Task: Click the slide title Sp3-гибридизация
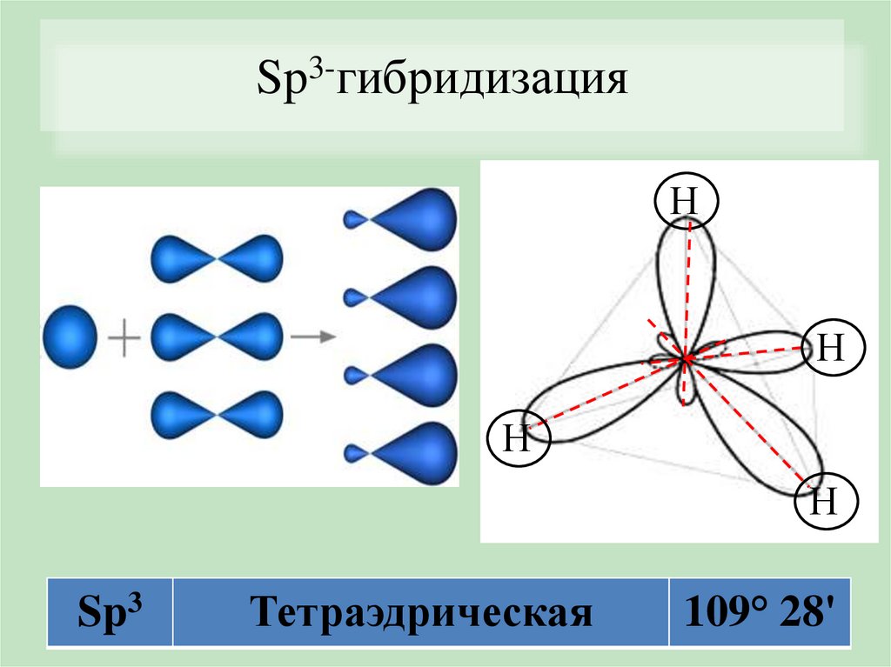[442, 84]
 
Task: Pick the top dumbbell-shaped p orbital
[217, 258]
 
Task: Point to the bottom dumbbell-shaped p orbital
[217, 415]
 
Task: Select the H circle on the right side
[830, 349]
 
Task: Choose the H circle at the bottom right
[826, 501]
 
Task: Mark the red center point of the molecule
[685, 357]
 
